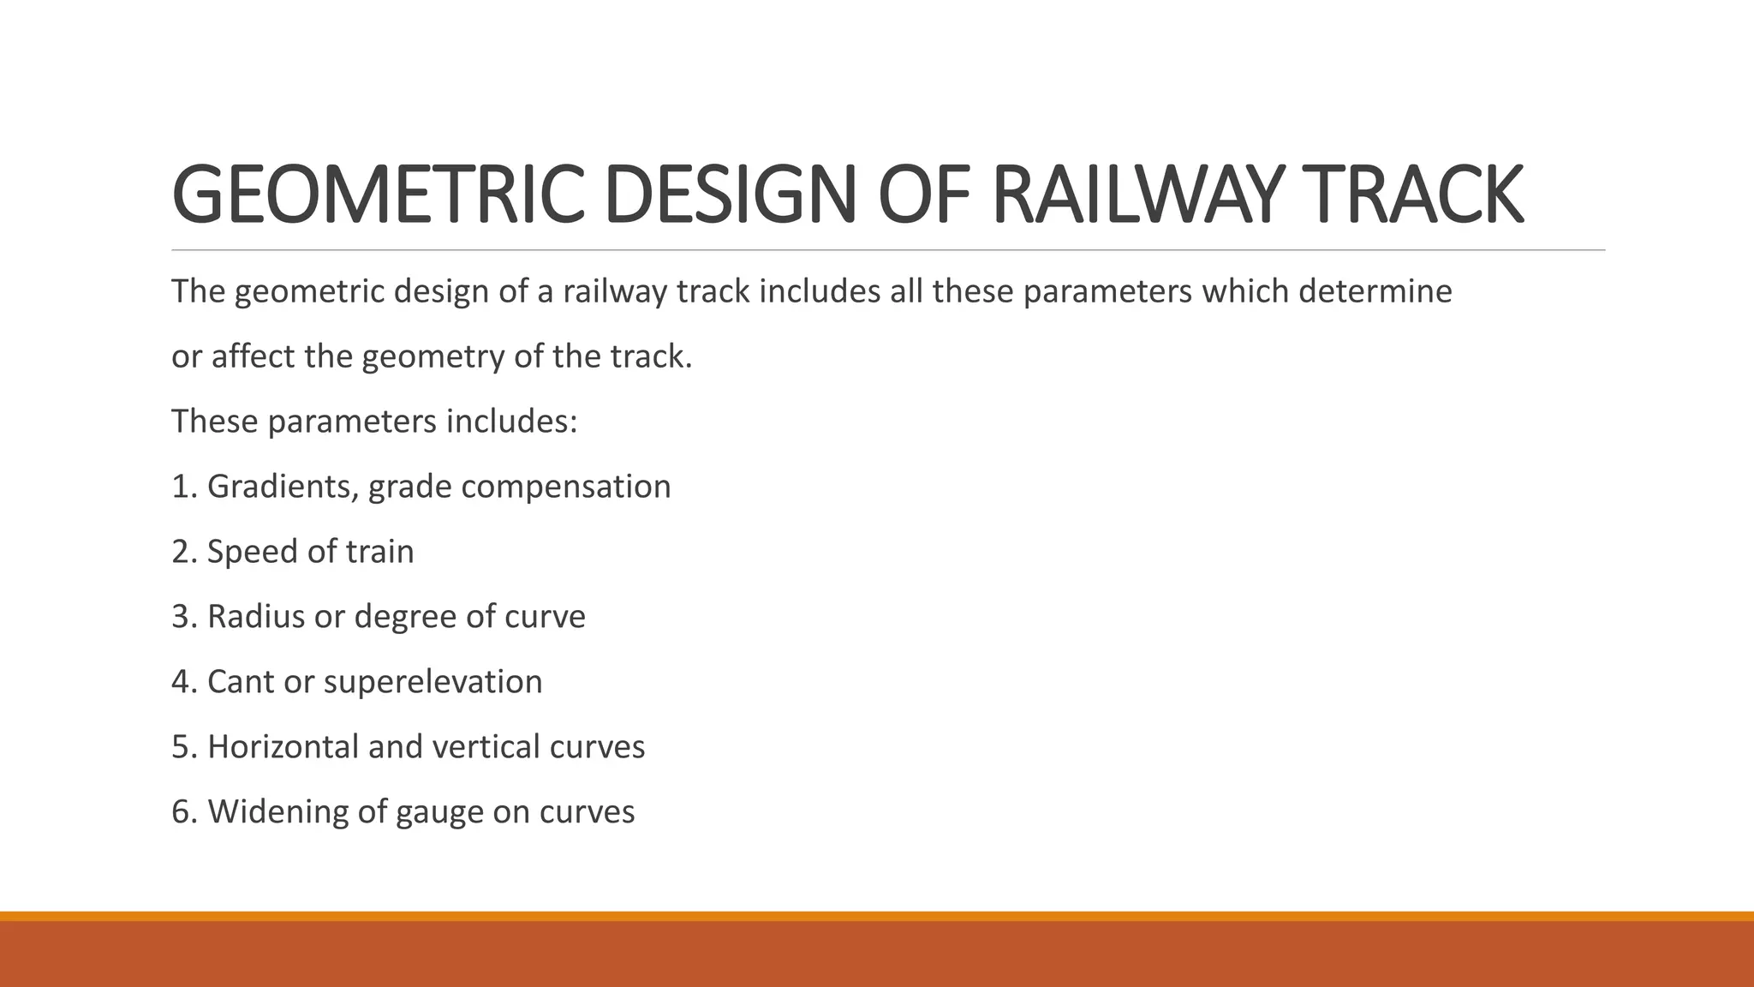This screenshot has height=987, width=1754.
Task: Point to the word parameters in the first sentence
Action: (x=1107, y=292)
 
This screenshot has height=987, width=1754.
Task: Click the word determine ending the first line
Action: (x=1375, y=292)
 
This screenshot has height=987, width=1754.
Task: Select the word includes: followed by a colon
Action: (x=511, y=422)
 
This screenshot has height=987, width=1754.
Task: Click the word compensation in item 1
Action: (x=566, y=487)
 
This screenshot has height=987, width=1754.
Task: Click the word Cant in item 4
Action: (x=241, y=682)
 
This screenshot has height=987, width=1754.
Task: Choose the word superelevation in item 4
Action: (x=433, y=682)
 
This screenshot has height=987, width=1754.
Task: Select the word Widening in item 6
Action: (x=277, y=812)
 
